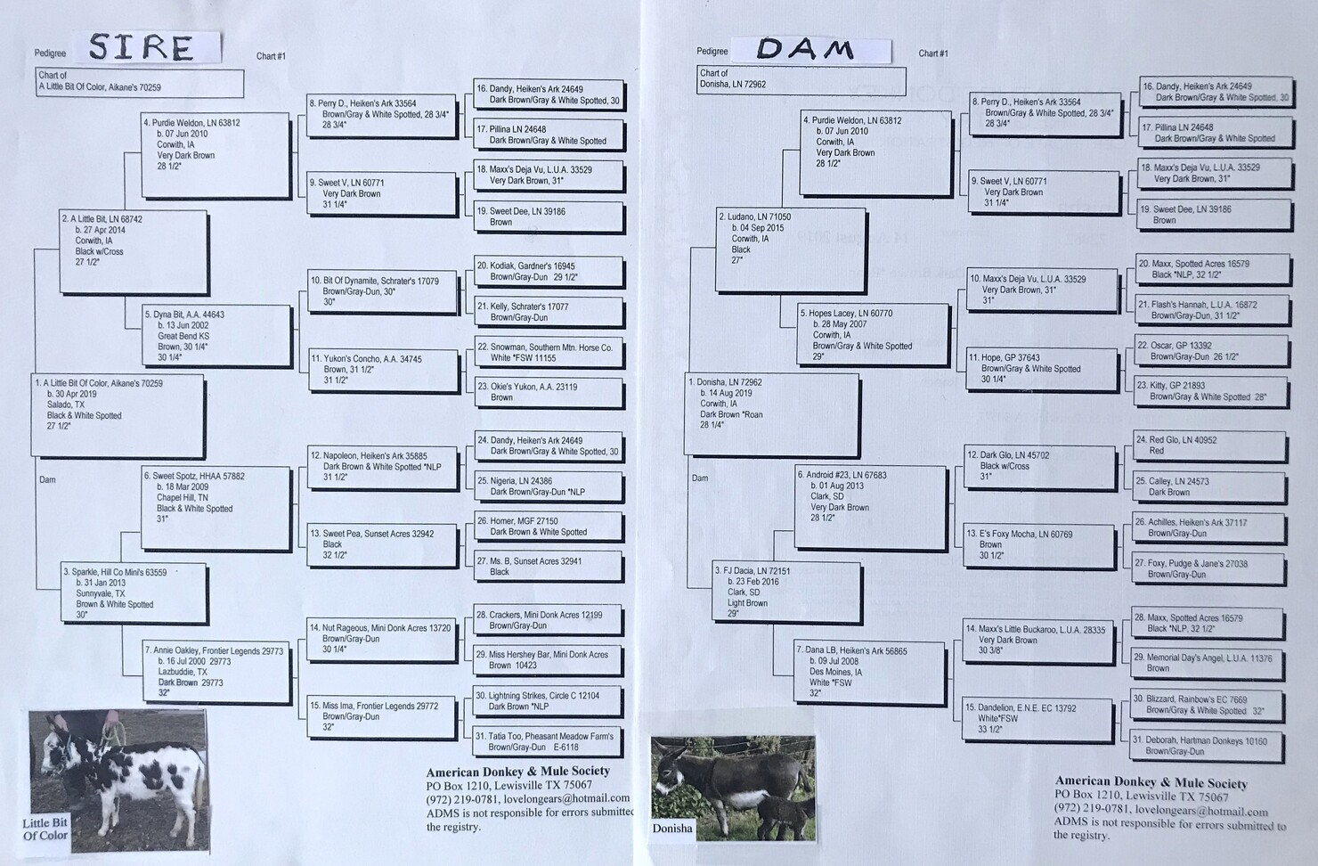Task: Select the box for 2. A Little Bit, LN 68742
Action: (x=134, y=252)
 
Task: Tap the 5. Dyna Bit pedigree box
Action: (x=216, y=336)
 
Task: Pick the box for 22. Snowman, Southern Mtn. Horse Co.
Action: (x=548, y=353)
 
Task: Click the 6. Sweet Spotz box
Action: (x=216, y=509)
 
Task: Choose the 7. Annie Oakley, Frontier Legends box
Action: (x=216, y=672)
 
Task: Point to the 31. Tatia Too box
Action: (x=547, y=742)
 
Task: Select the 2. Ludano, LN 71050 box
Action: (x=791, y=249)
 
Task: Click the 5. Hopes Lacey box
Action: (x=873, y=334)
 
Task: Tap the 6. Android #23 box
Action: (x=871, y=506)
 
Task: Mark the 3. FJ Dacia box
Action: (x=787, y=592)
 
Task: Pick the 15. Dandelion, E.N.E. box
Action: (x=1038, y=718)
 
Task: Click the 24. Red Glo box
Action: (x=1209, y=445)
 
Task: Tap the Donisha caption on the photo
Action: (x=672, y=829)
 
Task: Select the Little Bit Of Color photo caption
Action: (x=45, y=829)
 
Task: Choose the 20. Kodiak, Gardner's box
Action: (x=549, y=272)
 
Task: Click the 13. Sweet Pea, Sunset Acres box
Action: (x=383, y=545)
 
